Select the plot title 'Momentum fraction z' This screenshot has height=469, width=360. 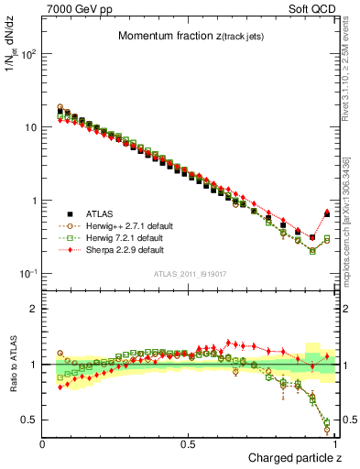point(191,36)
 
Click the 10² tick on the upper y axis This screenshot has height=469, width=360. point(28,53)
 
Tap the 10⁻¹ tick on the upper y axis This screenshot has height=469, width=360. point(28,274)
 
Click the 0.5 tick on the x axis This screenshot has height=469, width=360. point(189,443)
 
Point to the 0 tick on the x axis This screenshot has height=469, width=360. point(43,443)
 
